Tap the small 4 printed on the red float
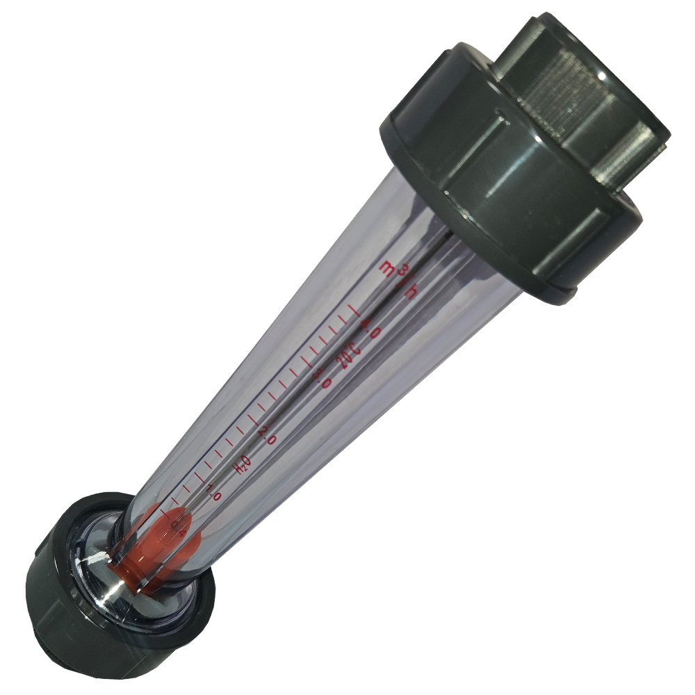182,532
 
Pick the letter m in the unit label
386,267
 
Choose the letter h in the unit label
411,292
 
